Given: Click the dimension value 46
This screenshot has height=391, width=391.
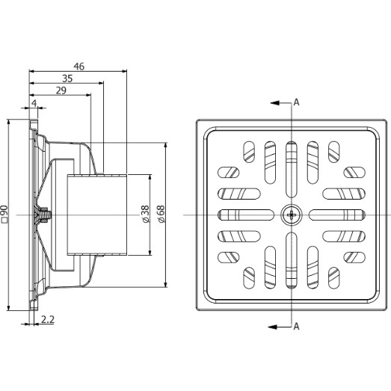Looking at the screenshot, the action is [x=79, y=67].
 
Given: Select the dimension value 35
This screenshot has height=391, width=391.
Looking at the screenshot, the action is [x=67, y=78].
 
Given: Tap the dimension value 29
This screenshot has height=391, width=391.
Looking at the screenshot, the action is [x=61, y=90].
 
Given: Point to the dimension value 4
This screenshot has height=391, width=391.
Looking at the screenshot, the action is [x=34, y=103].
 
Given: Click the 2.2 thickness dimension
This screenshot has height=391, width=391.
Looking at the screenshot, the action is [x=48, y=319].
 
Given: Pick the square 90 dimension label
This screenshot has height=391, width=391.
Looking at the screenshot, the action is [x=4, y=214].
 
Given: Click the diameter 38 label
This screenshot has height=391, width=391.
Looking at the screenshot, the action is [x=145, y=214].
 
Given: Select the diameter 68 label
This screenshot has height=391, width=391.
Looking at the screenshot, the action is [x=161, y=214].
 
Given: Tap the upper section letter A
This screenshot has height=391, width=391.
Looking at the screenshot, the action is [x=296, y=102].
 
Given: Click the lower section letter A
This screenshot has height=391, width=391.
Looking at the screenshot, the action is [x=296, y=326].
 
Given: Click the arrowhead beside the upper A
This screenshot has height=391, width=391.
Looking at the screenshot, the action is [x=275, y=102].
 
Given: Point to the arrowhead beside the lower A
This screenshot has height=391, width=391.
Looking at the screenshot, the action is [x=272, y=327].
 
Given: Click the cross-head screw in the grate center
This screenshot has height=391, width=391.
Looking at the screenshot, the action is [x=292, y=215].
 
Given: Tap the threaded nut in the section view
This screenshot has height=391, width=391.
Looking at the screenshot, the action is [x=45, y=215].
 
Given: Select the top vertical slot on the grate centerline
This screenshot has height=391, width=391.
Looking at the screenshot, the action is [x=292, y=170].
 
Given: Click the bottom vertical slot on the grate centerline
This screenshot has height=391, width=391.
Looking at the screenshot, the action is [x=292, y=260].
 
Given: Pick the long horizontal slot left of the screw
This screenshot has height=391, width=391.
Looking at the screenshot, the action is [x=246, y=215].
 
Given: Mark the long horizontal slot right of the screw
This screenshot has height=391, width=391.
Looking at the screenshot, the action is [x=337, y=215].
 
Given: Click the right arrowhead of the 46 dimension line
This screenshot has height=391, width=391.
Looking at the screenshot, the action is [x=124, y=71].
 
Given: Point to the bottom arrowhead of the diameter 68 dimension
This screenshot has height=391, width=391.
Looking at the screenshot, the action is [x=165, y=284].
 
